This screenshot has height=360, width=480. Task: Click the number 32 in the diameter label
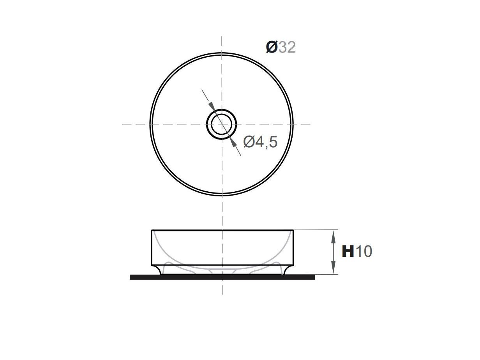(x=287, y=48)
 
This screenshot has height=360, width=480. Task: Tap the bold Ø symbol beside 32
(x=272, y=48)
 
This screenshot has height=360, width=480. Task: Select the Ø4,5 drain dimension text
(x=260, y=142)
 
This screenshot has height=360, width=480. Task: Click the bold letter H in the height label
(x=348, y=252)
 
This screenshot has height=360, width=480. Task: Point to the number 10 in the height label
(x=364, y=252)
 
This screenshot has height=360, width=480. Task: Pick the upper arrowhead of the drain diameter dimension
(x=212, y=106)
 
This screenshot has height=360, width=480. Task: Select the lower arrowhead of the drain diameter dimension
(x=233, y=142)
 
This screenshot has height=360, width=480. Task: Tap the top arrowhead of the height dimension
(x=334, y=235)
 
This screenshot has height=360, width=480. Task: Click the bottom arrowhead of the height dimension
(x=334, y=269)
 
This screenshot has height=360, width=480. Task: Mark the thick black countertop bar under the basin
(x=222, y=277)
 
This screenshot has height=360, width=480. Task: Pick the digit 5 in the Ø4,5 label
(x=273, y=142)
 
